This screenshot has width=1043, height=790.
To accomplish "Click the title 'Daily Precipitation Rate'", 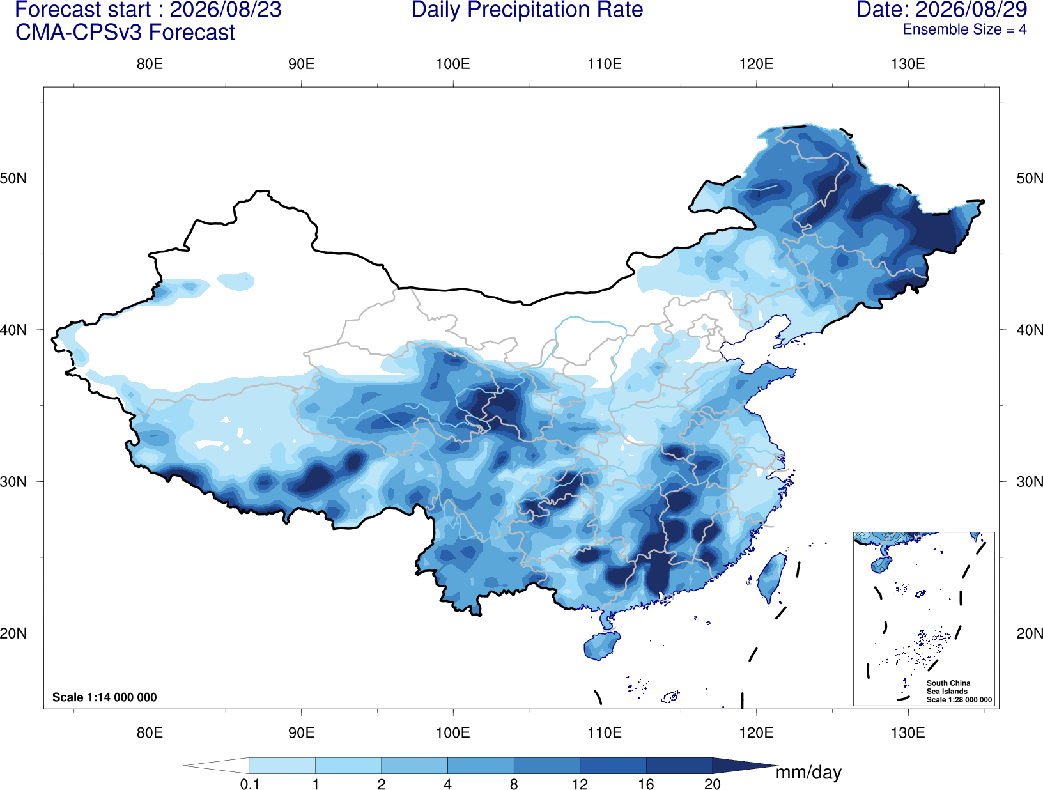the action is pyautogui.click(x=527, y=10).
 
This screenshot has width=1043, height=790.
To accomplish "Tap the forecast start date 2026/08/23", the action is pyautogui.click(x=225, y=10).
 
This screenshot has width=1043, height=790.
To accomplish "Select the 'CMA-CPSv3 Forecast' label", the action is pyautogui.click(x=125, y=33).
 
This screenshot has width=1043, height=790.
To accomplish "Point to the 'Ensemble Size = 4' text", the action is pyautogui.click(x=964, y=29).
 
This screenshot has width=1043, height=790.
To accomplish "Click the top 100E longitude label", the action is pyautogui.click(x=453, y=64).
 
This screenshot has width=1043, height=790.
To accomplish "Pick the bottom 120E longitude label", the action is pyautogui.click(x=756, y=732).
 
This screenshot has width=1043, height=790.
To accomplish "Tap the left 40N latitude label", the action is pyautogui.click(x=13, y=330).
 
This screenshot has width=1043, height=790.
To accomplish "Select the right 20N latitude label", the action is pyautogui.click(x=1030, y=633).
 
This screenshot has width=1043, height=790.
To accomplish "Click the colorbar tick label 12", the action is pyautogui.click(x=580, y=784).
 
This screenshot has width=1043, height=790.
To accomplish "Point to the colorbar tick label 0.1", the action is pyautogui.click(x=249, y=784).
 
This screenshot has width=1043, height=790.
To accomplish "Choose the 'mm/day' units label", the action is pyautogui.click(x=808, y=773).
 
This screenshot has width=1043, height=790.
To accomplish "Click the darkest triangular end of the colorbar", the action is pyautogui.click(x=741, y=765).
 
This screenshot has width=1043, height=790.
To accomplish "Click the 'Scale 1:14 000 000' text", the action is pyautogui.click(x=105, y=697).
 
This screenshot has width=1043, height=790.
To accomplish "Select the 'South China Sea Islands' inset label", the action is pyautogui.click(x=948, y=687).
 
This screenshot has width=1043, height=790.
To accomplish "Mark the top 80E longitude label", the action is pyautogui.click(x=150, y=64).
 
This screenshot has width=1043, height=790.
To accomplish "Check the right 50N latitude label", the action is pyautogui.click(x=1030, y=178).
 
